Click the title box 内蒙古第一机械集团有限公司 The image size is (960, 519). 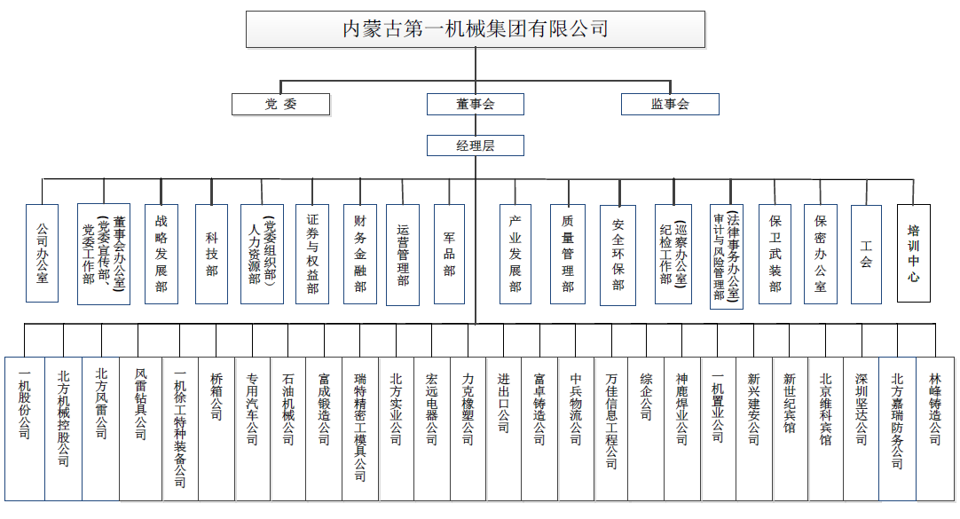[x=476, y=29]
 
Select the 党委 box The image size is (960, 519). [x=280, y=104]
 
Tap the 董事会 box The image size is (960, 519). [x=476, y=104]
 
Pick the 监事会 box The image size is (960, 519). [x=670, y=104]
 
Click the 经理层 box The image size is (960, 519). [x=476, y=145]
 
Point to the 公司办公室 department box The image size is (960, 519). [x=42, y=254]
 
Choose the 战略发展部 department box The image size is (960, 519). [x=161, y=254]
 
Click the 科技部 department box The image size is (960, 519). [x=212, y=254]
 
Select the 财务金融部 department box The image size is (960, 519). [x=359, y=254]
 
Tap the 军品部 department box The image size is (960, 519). [x=449, y=254]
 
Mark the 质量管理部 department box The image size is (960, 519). [x=568, y=254]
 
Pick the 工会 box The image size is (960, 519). [x=866, y=254]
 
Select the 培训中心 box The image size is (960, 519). [x=913, y=254]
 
